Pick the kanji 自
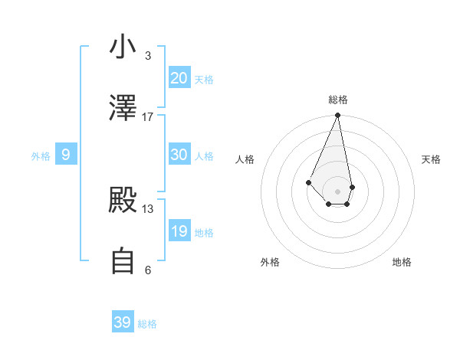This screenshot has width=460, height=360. [x=123, y=261]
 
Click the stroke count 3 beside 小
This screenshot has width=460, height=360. [x=148, y=56]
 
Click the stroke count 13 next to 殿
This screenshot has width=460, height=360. [x=148, y=208]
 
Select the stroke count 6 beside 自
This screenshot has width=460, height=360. [x=148, y=270]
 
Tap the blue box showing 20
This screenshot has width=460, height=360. [x=179, y=78]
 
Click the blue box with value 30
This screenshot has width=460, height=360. [x=179, y=155]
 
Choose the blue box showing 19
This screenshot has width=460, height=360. [x=179, y=231]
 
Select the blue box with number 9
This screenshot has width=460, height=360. [x=66, y=155]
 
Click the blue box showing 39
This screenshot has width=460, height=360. [x=123, y=322]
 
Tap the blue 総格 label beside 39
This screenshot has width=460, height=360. [x=147, y=324]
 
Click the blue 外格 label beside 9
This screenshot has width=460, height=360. [x=41, y=156]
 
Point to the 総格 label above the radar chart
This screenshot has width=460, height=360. [x=338, y=100]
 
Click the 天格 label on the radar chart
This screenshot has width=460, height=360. [x=431, y=159]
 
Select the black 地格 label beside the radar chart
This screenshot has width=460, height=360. [x=402, y=262]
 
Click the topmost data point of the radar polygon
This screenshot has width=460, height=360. [x=338, y=116]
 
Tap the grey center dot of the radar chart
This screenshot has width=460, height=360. [x=338, y=191]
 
